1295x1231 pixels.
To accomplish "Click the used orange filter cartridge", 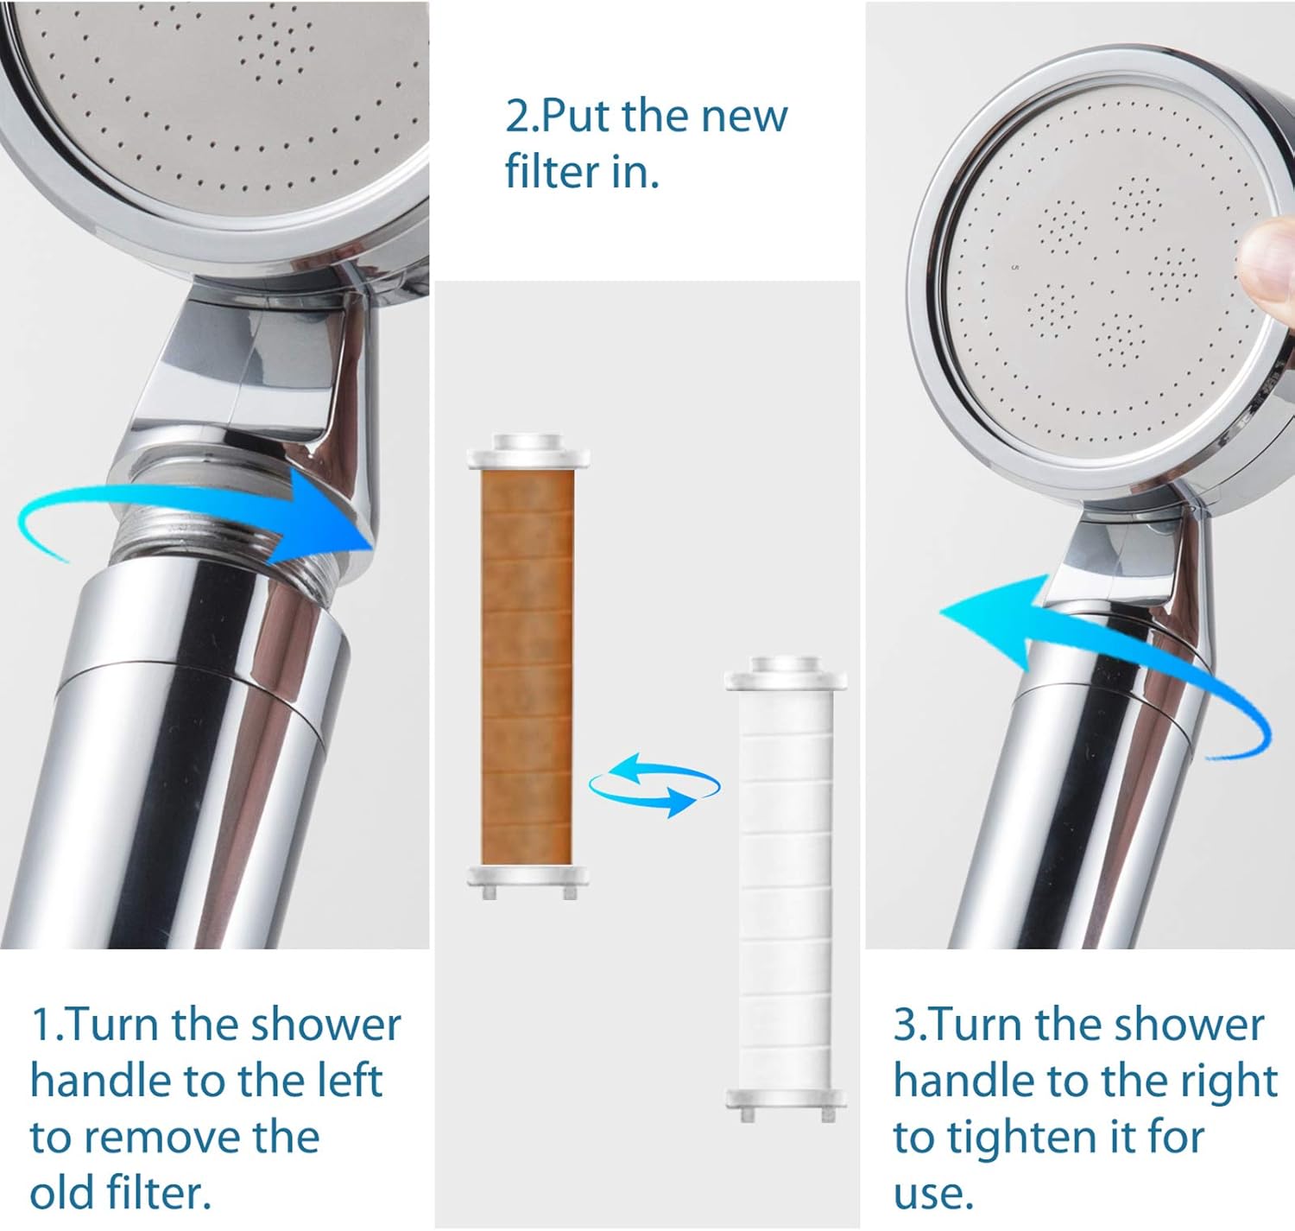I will pyautogui.click(x=527, y=665).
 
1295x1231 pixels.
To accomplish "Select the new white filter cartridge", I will pyautogui.click(x=786, y=890).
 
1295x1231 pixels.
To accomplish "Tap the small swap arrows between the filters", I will pyautogui.click(x=654, y=784).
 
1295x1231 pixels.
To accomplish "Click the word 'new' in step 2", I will pyautogui.click(x=743, y=116).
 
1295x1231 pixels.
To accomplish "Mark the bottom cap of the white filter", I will pyautogui.click(x=786, y=1101).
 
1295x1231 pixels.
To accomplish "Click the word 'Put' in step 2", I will pyautogui.click(x=576, y=116).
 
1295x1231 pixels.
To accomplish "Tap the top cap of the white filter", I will pyautogui.click(x=786, y=674).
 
